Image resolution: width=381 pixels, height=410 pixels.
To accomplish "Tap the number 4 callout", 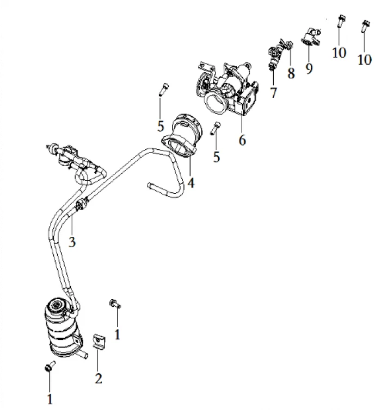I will coord(191,183).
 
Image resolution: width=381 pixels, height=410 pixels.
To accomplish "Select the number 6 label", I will coord(242,140).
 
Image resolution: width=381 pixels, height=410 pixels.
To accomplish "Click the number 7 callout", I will coord(273,92).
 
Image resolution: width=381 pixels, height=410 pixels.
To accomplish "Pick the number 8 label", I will coord(291,73).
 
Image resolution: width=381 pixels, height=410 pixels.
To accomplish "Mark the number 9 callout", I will coord(309,69).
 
